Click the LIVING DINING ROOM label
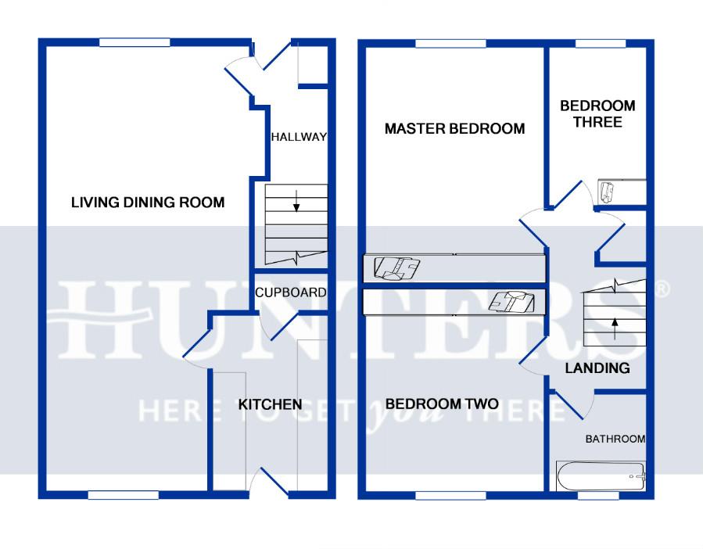coord(148,203)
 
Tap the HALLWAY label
coord(298,138)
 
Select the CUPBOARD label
coord(290,293)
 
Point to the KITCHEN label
coord(270,404)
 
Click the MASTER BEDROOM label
coord(454,129)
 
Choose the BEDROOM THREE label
coord(597,113)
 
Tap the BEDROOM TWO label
coord(442,404)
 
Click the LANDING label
coord(597,368)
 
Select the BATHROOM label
coord(615,440)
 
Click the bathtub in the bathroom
coord(601,475)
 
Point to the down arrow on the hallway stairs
coord(296,205)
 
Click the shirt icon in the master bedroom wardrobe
coord(398,268)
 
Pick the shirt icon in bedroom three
coord(608,190)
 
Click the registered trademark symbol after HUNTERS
coord(662,289)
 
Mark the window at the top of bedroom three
coord(597,43)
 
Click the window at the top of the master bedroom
coord(447,43)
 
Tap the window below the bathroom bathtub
coord(598,495)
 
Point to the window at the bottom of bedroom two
coord(447,495)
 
